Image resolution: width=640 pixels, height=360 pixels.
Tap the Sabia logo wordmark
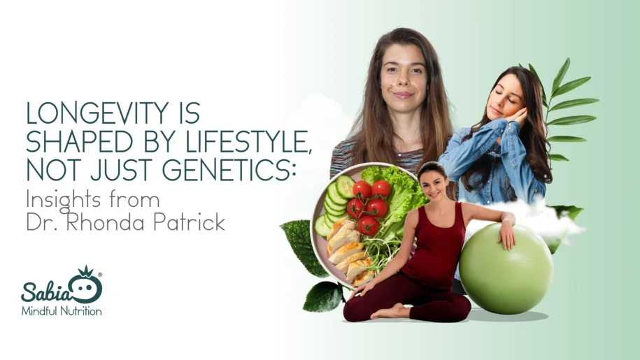coord(52,288)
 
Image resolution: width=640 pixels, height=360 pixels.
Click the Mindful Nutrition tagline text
coord(62,310)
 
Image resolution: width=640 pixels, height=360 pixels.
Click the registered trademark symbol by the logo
coord(100,274)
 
